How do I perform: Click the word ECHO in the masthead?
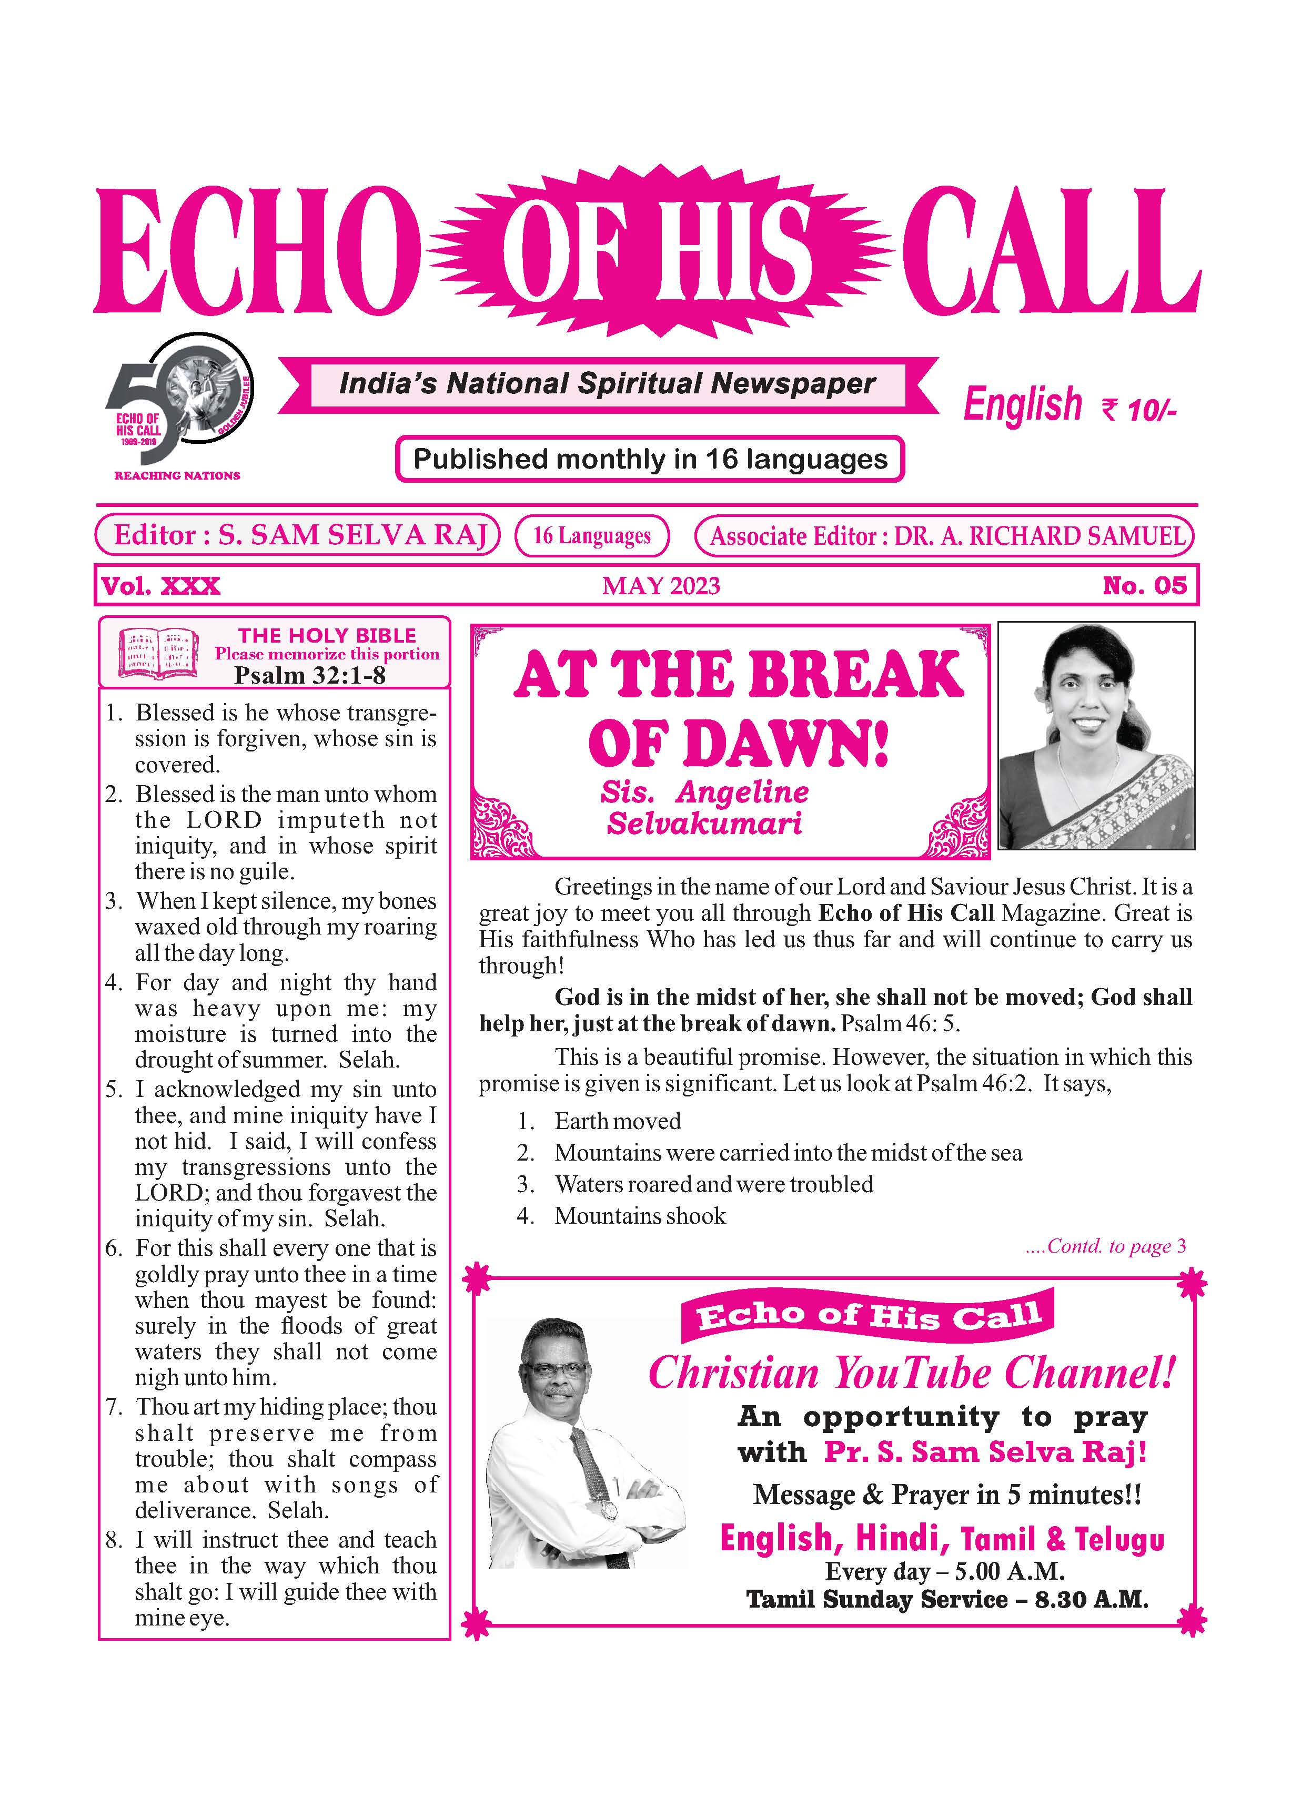tap(256, 251)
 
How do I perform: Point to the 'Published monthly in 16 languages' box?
tap(650, 459)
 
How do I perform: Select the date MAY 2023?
tap(661, 586)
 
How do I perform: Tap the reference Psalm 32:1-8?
tap(309, 675)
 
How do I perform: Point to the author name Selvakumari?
tap(704, 824)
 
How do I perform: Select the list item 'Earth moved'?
tap(617, 1121)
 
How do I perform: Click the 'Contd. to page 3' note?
tap(1106, 1246)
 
